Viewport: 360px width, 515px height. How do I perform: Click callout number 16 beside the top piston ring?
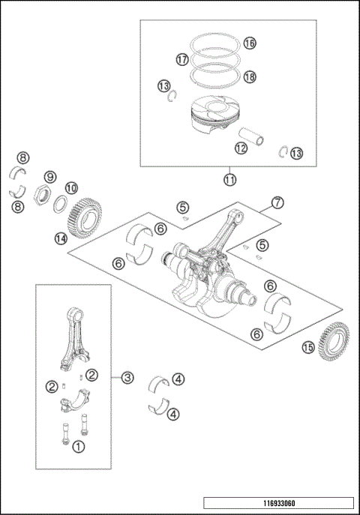tap(249, 43)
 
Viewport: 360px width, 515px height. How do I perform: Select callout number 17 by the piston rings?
tap(181, 58)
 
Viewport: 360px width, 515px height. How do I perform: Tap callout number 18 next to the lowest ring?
tap(249, 77)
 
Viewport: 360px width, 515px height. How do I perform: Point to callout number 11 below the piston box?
tap(229, 179)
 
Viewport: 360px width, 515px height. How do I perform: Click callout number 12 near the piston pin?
tap(241, 148)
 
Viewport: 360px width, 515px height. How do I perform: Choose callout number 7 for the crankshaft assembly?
tap(277, 202)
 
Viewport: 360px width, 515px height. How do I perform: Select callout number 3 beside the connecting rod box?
tap(127, 378)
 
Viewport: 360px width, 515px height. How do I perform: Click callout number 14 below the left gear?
tap(61, 238)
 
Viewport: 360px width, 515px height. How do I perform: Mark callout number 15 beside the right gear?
tap(307, 347)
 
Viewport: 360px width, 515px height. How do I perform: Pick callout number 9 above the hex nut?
tap(49, 177)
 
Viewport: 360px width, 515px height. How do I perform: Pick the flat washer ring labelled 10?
tap(62, 204)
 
